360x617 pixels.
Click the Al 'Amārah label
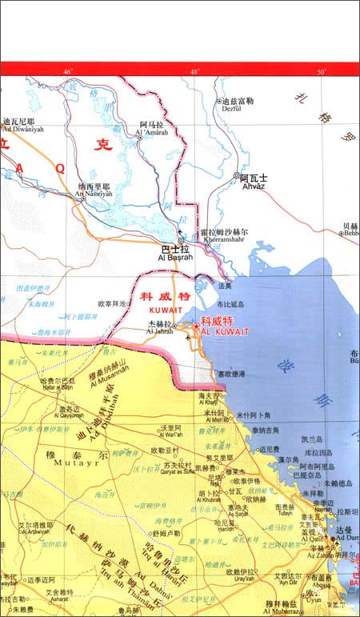(154, 132)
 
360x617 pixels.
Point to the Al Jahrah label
(159, 330)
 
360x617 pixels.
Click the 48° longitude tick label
(194, 73)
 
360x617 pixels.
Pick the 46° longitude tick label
(67, 73)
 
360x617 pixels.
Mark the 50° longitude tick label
(321, 73)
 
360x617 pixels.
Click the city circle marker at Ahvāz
(235, 175)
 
